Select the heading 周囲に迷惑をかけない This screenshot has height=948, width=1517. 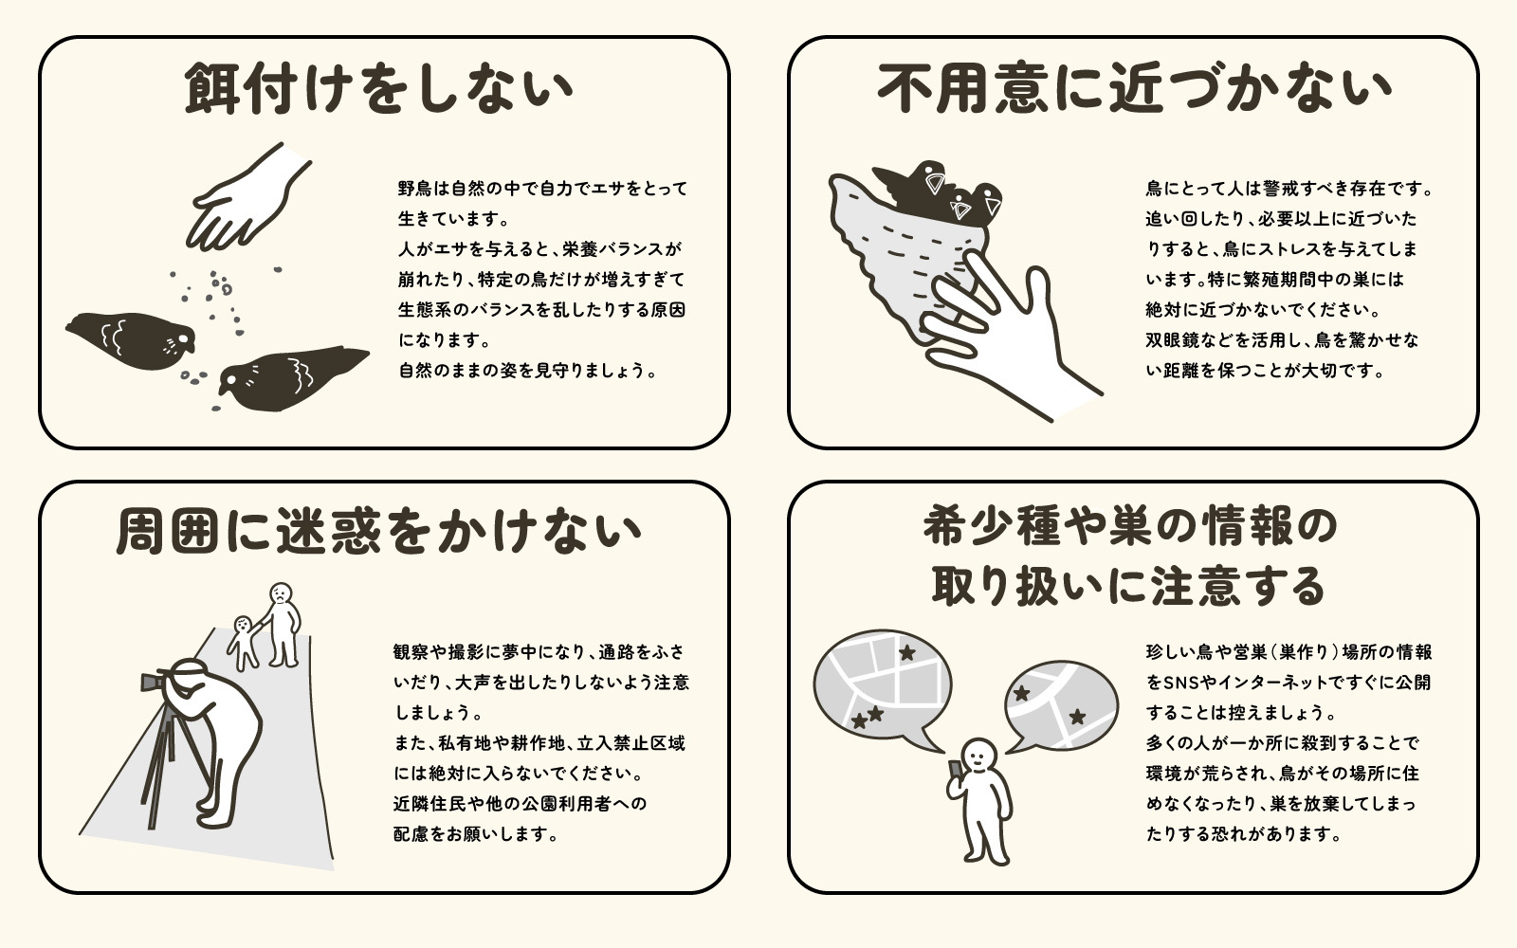click(x=379, y=530)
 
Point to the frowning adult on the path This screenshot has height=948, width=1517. click(x=283, y=621)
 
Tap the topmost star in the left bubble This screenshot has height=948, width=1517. click(x=907, y=652)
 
